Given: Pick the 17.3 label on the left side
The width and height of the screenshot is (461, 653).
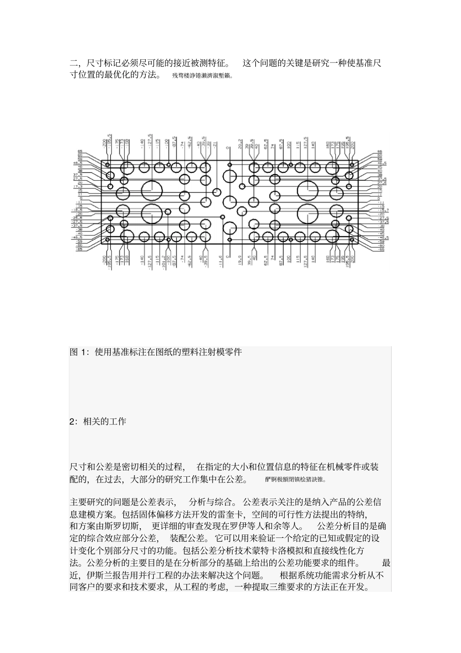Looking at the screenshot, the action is pos(78,186).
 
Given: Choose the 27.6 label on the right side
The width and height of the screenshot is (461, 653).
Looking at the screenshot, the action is pos(382,183).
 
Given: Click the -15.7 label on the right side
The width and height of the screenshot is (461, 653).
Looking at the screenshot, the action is pos(383,209).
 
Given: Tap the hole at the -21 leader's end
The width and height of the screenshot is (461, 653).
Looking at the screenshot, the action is pos(217,192).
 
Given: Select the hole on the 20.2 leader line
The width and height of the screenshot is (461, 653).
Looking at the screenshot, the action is pos(241,185).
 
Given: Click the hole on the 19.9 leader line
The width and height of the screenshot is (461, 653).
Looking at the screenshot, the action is pos(242,211).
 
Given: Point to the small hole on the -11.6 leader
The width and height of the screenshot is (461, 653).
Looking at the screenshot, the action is pos(223,217).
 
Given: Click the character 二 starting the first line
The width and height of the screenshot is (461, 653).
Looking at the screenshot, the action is pos(74,63).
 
